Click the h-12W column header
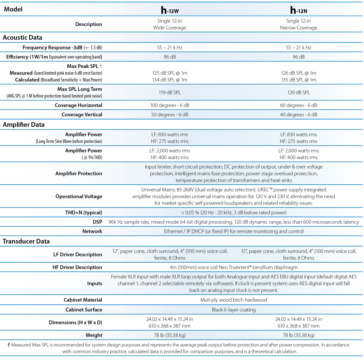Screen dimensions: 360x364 coord(170,10)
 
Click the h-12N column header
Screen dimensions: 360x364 coord(298,10)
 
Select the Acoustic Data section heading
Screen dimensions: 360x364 coord(23,37)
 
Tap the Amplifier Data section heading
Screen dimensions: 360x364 coord(23,125)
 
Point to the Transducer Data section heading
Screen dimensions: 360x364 coord(26,241)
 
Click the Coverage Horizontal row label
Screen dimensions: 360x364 coord(78,105)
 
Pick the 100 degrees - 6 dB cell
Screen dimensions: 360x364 coord(170,105)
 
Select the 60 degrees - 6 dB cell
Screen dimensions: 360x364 coord(298,105)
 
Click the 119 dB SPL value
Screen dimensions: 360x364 coord(170,92)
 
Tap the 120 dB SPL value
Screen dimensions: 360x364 coord(298,92)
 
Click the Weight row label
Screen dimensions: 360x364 coord(94,335)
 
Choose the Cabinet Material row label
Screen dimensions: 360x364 coord(83,300)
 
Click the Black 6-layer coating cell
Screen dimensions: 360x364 coord(234,309)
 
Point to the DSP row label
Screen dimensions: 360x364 coord(97,222)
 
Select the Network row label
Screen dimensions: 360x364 coord(92,231)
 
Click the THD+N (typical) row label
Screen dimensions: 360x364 coord(81,213)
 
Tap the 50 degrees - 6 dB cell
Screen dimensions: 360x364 coord(170,115)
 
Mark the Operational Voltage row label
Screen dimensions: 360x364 coord(79,196)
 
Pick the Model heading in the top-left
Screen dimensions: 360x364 coord(13,9)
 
